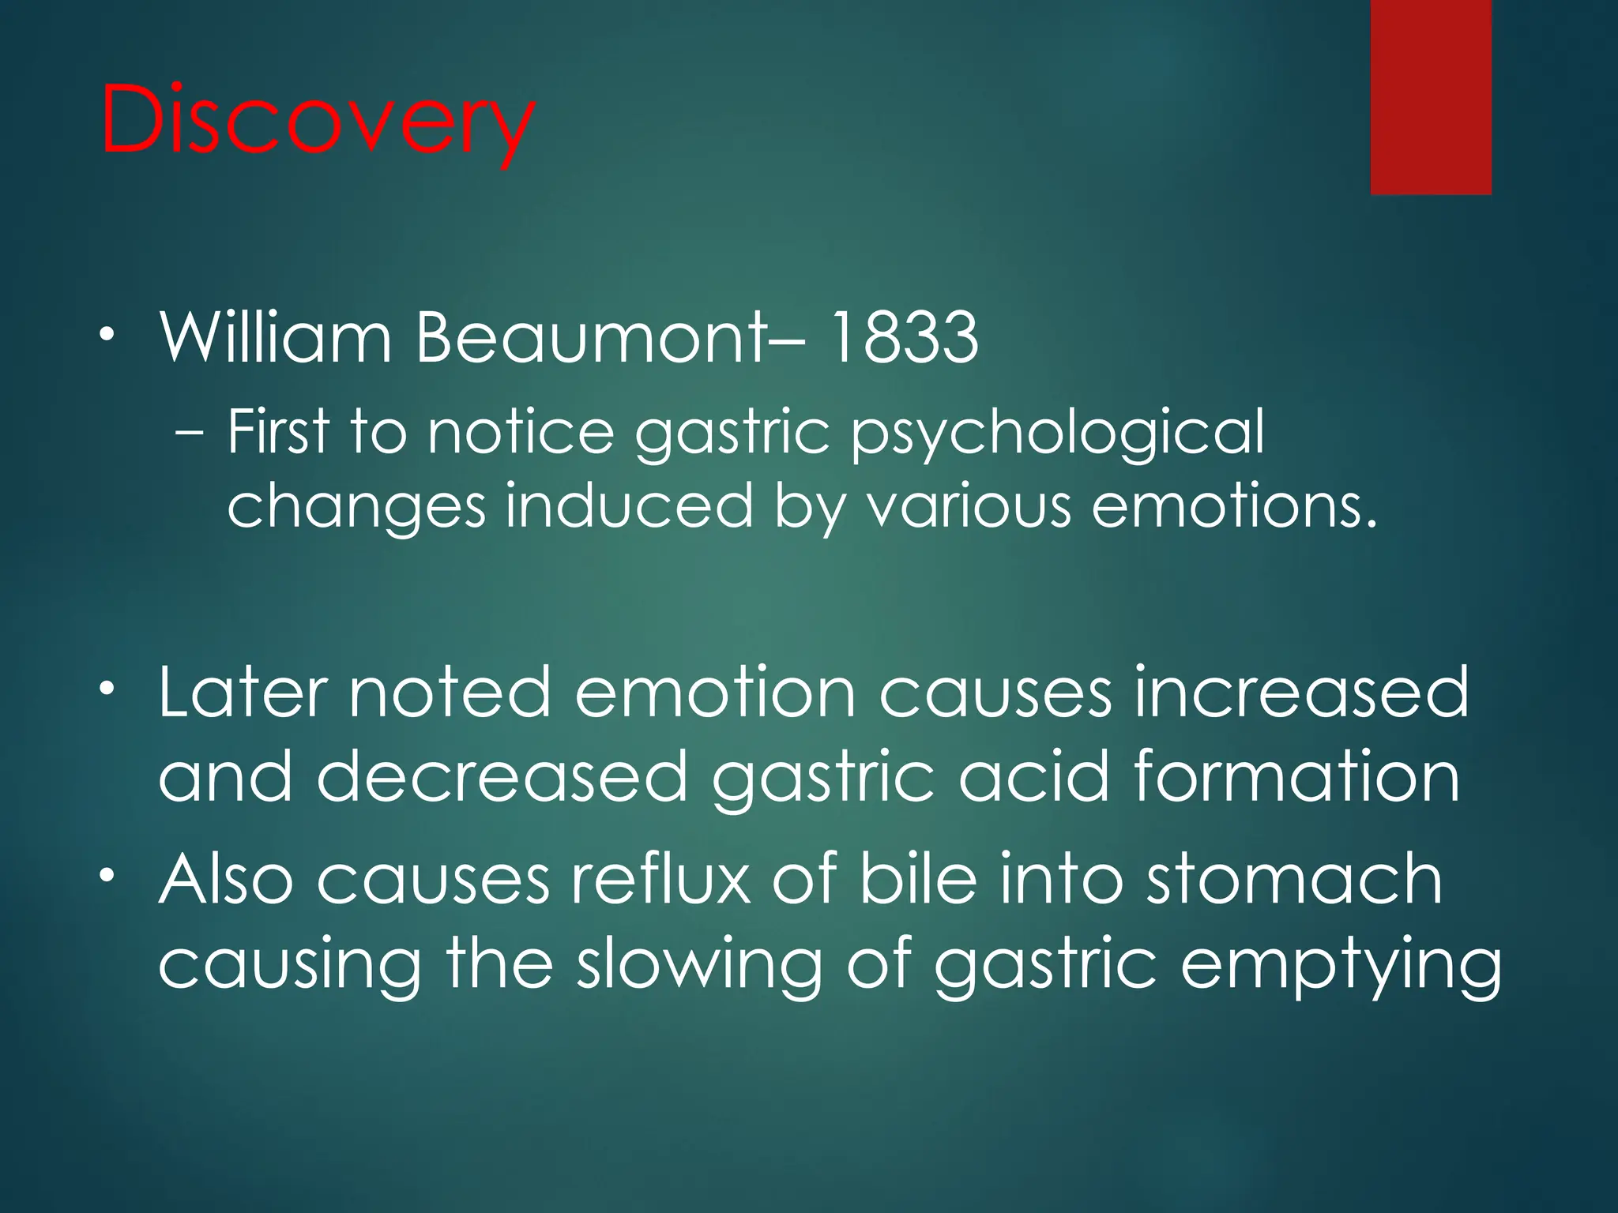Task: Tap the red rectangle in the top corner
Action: click(1431, 96)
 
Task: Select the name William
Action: click(276, 338)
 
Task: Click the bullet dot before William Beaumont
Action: click(107, 334)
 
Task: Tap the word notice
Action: click(521, 432)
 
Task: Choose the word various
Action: click(969, 505)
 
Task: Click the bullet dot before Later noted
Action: click(107, 688)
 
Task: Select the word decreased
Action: click(502, 777)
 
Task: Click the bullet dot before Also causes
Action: click(107, 875)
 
